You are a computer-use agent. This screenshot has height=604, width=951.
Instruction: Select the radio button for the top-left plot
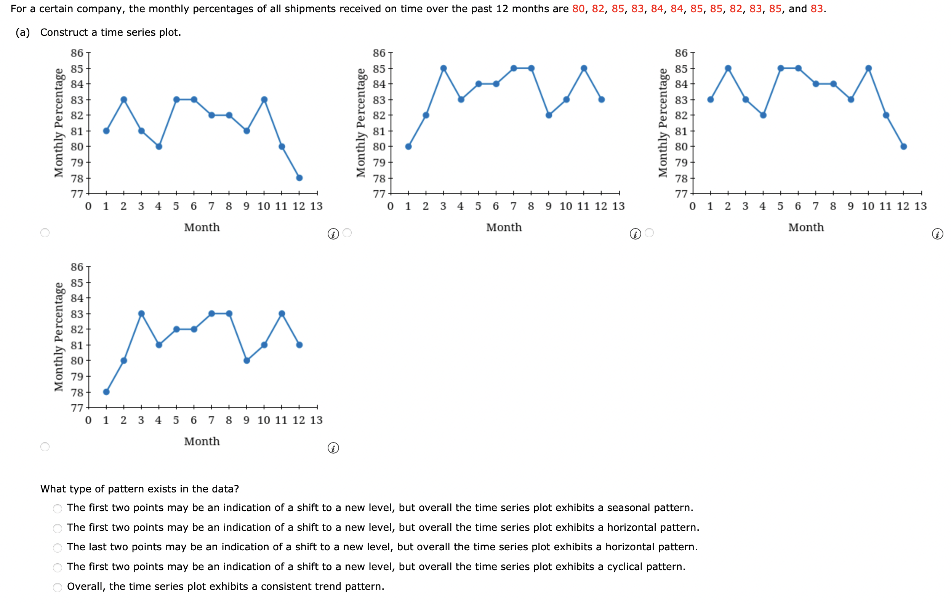tap(45, 233)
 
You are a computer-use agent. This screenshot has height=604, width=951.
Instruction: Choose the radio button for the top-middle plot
tap(347, 233)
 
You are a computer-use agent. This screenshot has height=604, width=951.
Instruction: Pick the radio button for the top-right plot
tap(649, 233)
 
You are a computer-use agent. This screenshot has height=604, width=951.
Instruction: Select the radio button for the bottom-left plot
tap(45, 446)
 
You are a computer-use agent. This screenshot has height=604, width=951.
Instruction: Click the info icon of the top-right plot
tap(937, 234)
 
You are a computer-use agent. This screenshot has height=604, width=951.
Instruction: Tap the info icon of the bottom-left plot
tap(333, 448)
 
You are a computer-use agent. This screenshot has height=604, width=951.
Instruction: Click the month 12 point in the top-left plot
tap(299, 177)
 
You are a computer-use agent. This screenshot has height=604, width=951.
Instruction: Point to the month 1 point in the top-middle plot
tap(408, 147)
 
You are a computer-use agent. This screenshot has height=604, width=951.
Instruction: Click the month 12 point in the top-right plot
tap(904, 147)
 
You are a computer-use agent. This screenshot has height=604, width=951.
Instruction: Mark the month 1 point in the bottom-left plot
tap(106, 391)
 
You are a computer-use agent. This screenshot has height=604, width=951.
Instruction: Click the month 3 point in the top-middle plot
tap(443, 68)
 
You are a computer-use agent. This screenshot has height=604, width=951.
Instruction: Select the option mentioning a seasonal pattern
tap(58, 508)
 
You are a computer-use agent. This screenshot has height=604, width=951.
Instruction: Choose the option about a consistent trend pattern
tap(58, 587)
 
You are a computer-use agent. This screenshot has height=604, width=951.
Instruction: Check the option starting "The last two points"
tap(58, 548)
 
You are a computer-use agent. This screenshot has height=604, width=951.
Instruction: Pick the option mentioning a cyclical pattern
tap(58, 568)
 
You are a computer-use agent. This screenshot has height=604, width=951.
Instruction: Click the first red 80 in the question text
tap(578, 9)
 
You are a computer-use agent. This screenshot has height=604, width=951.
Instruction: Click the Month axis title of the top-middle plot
tap(504, 227)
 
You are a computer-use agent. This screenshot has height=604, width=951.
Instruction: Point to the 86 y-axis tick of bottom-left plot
tap(77, 267)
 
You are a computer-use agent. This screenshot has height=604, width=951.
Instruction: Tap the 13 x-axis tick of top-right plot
tap(921, 206)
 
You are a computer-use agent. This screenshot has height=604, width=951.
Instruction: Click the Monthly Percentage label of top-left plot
tap(59, 123)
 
